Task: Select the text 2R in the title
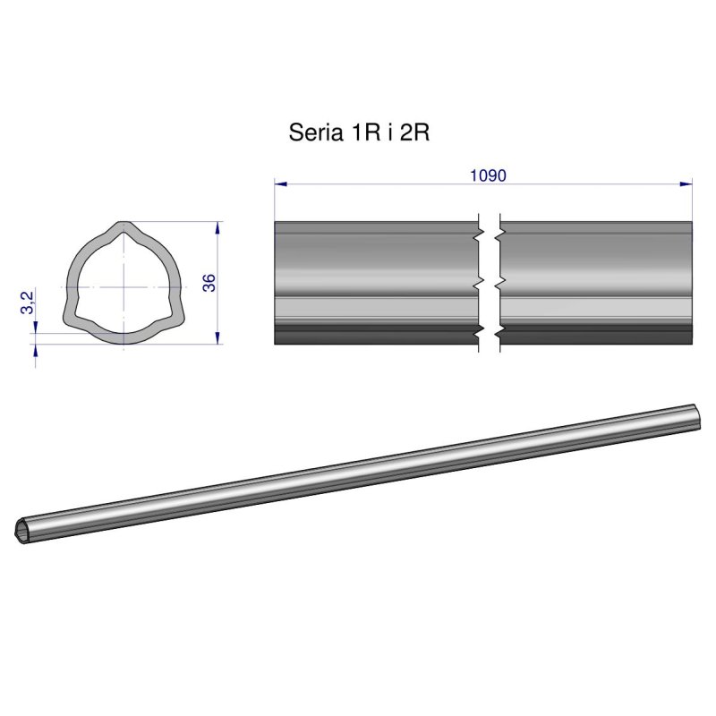tap(414, 133)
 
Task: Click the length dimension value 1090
tap(488, 175)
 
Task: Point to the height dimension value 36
tap(209, 283)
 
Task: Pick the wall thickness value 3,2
tap(28, 302)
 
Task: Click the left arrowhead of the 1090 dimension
tap(279, 184)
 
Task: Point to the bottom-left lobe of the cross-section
tap(69, 318)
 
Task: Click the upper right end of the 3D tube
tap(695, 412)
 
